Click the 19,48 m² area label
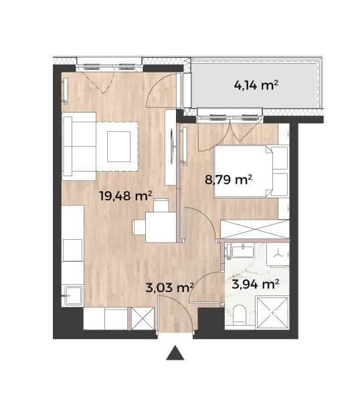125,196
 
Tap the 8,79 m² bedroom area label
228,179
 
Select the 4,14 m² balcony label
256,85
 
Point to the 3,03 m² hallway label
170,287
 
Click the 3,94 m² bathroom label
255,284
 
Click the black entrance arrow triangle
175,352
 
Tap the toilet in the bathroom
239,315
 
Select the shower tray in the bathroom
272,313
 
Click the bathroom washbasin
243,251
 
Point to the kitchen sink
73,295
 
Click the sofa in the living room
80,146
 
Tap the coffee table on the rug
118,147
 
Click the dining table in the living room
161,227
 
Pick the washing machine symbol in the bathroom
278,255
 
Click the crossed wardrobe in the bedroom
254,229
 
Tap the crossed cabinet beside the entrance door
143,318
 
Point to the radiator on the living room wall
66,91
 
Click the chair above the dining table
161,205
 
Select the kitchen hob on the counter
73,250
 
